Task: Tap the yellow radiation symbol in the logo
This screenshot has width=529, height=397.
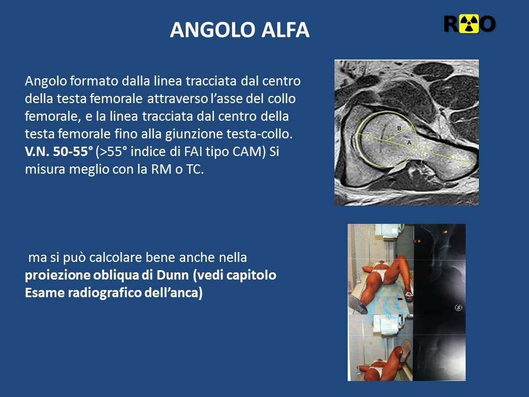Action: pyautogui.click(x=469, y=24)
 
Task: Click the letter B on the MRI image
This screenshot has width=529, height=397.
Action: pyautogui.click(x=400, y=128)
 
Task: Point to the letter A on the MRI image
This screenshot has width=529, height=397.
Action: pyautogui.click(x=409, y=142)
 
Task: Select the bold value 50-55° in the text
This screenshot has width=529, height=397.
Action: pyautogui.click(x=73, y=152)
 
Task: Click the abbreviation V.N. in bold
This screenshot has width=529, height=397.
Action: pyautogui.click(x=37, y=152)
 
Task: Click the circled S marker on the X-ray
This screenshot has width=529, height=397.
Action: pyautogui.click(x=458, y=308)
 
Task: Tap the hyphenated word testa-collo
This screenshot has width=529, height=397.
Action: pyautogui.click(x=260, y=134)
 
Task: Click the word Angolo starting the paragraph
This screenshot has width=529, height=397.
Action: pyautogui.click(x=46, y=82)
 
